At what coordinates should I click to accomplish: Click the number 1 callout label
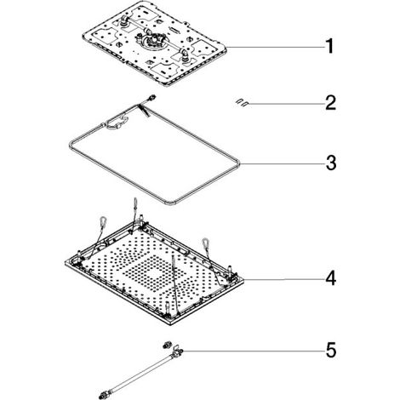[329, 46]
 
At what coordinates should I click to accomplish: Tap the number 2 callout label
[330, 103]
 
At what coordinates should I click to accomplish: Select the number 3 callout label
[331, 163]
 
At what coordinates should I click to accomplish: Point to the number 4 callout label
[331, 278]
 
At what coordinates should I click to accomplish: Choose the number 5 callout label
[331, 350]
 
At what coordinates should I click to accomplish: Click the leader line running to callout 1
[275, 47]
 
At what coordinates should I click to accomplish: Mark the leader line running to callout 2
[287, 104]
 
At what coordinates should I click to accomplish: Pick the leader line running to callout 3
[283, 164]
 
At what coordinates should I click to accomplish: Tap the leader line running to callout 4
[284, 279]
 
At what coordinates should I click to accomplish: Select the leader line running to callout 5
[254, 351]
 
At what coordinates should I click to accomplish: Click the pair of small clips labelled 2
[242, 103]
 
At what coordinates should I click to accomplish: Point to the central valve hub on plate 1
[153, 40]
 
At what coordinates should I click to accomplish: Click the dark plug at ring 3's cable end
[153, 97]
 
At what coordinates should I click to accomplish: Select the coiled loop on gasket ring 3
[117, 123]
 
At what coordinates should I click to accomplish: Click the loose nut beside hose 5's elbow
[166, 345]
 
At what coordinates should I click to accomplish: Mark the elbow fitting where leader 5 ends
[177, 351]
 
